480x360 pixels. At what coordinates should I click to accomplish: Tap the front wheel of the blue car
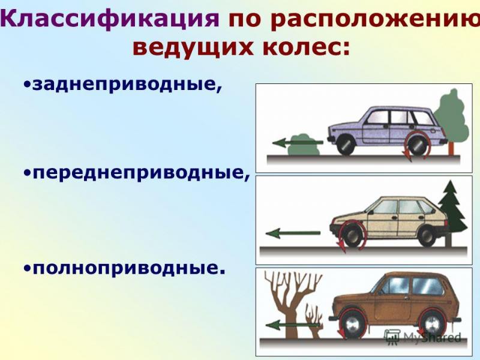coord(344,145)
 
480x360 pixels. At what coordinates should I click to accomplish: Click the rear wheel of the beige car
coord(426,235)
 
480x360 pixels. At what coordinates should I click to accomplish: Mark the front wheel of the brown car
coord(350,325)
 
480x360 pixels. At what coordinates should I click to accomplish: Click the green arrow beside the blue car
coord(297,143)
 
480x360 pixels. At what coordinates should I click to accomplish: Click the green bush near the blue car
coord(305,147)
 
